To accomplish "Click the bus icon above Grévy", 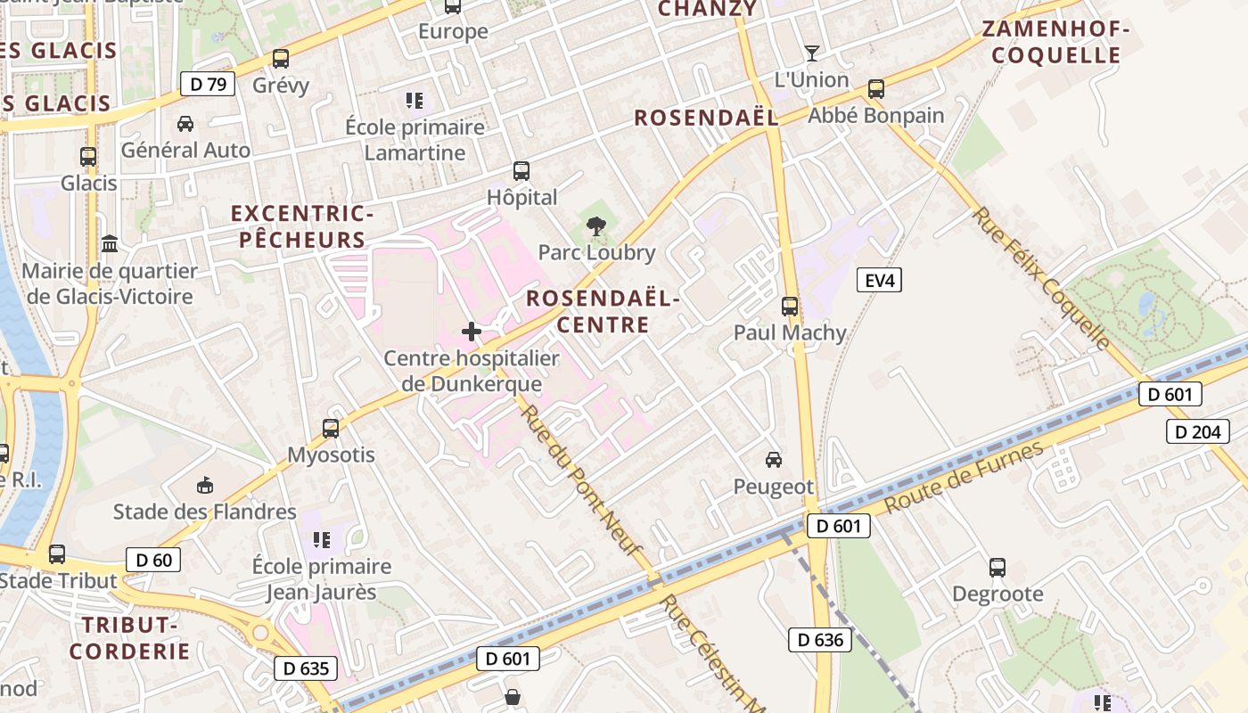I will [281, 59].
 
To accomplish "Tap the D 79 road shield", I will [208, 85].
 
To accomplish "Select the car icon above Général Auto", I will [185, 123].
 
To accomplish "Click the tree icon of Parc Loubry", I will [596, 226].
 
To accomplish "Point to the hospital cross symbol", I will [472, 332].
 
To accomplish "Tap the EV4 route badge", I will [879, 281].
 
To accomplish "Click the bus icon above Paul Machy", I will [790, 307].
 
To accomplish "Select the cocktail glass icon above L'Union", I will [811, 53].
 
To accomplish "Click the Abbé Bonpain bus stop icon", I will [876, 89].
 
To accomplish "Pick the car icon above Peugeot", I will [774, 460].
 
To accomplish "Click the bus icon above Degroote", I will [998, 568].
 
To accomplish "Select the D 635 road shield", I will [306, 668].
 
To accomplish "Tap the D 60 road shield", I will [153, 560].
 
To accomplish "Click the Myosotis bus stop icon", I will [331, 429].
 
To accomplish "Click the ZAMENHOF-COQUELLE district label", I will [1055, 42].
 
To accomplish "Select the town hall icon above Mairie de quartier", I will [111, 243].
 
